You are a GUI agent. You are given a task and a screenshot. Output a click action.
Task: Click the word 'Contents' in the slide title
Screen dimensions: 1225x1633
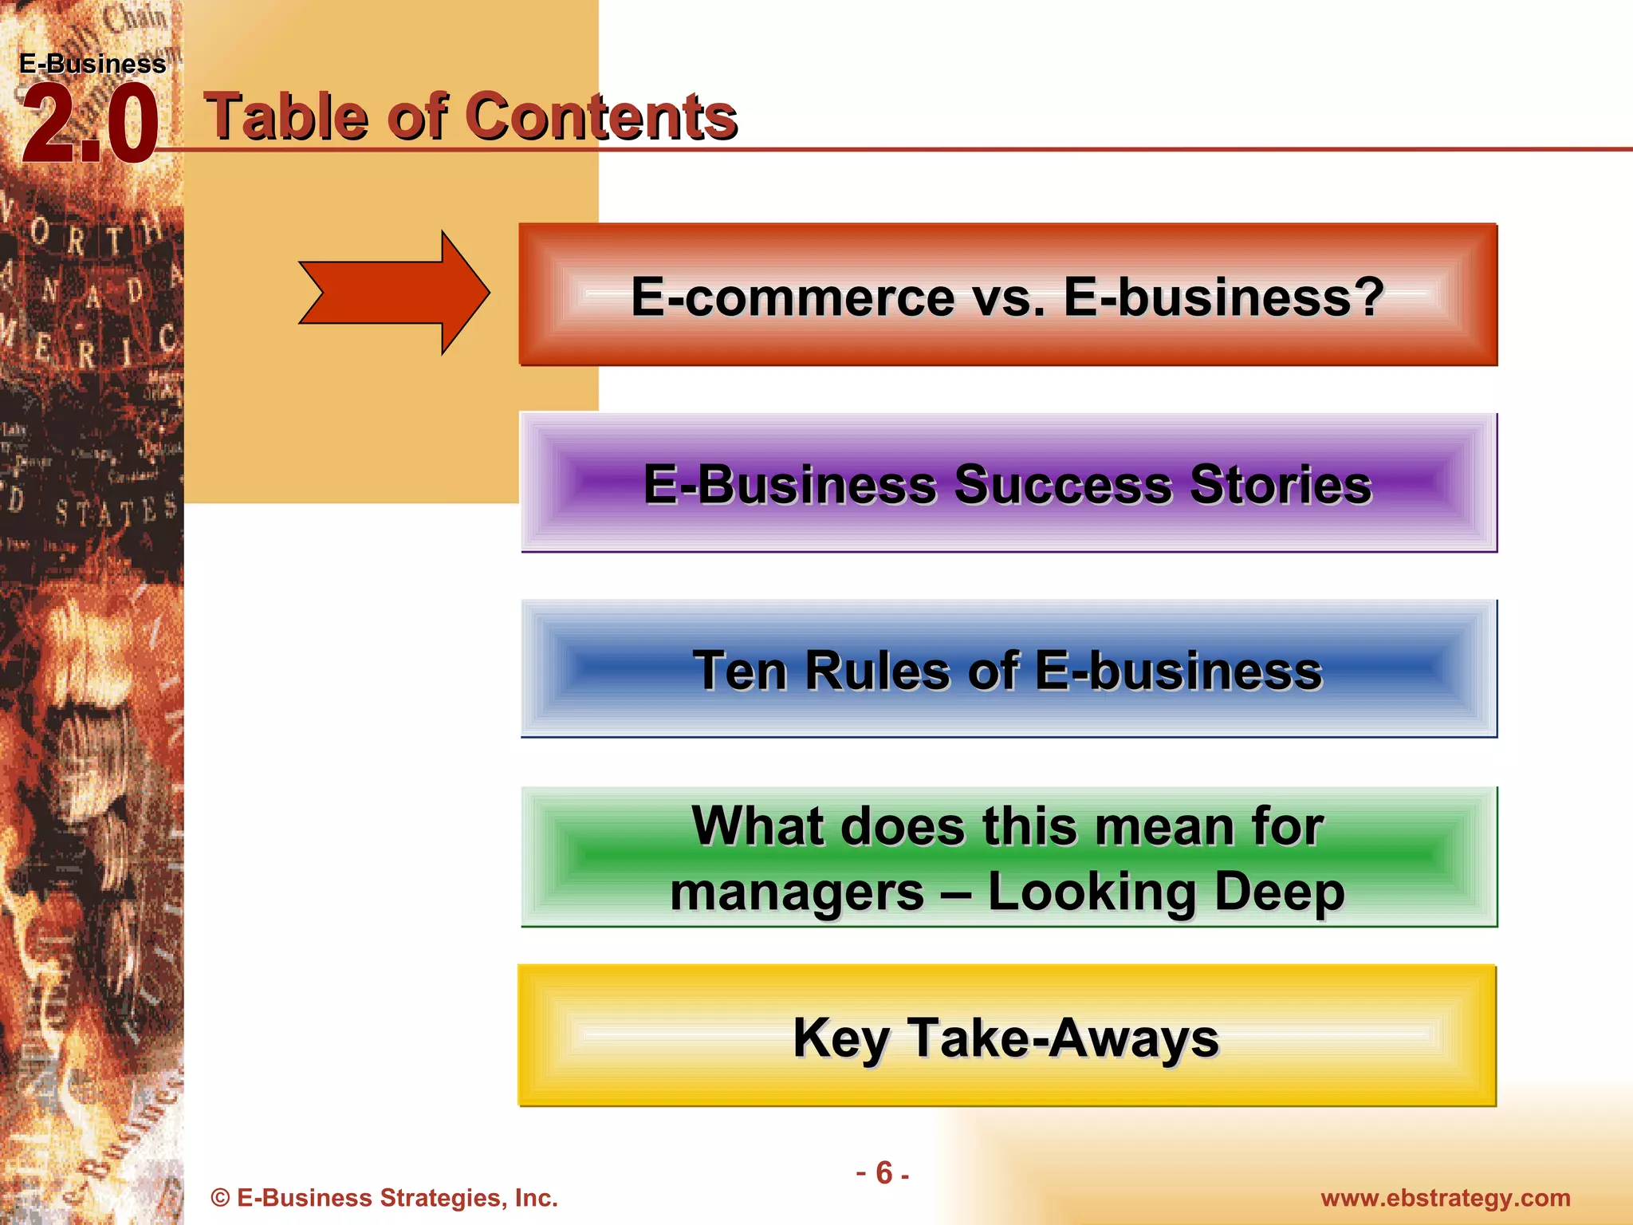pos(600,116)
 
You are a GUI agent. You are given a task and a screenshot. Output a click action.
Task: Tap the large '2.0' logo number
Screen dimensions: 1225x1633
pos(89,125)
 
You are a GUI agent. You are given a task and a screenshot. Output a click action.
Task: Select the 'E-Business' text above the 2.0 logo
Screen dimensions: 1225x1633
pos(92,64)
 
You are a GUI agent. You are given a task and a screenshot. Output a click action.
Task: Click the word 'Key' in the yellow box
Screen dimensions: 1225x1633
pos(840,1038)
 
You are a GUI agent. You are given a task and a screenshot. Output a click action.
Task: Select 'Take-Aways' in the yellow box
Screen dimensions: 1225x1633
pos(1063,1038)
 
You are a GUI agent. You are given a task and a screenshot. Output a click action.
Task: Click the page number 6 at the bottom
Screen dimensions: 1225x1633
pos(883,1172)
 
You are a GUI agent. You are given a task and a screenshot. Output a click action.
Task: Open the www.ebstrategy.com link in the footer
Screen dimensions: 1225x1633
pos(1445,1198)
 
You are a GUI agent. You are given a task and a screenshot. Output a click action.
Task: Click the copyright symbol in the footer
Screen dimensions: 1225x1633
pos(220,1198)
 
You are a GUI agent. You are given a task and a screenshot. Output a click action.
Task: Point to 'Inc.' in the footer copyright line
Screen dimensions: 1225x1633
pos(536,1198)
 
